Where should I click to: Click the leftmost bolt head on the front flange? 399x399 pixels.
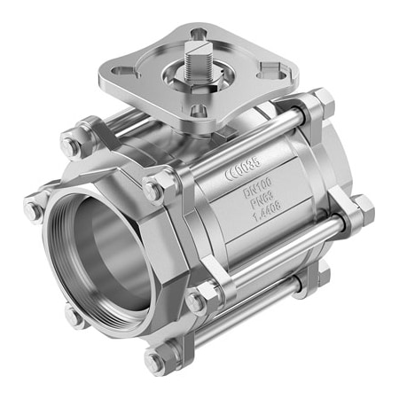(33, 209)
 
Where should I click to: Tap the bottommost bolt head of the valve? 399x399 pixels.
(156, 361)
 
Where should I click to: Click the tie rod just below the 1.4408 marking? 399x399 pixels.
(275, 248)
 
